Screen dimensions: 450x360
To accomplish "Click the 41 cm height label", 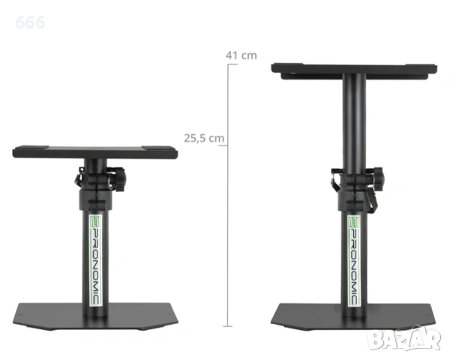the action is (241, 55).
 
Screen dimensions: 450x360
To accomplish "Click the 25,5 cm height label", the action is (204, 138).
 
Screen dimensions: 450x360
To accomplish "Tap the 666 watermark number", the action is (30, 22).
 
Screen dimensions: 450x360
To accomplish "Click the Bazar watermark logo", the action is (405, 339).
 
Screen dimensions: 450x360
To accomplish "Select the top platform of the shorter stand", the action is (95, 151).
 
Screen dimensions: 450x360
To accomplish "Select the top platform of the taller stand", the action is (354, 70).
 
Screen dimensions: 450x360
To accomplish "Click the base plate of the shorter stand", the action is (95, 316).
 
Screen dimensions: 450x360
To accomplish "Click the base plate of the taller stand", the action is (354, 316).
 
